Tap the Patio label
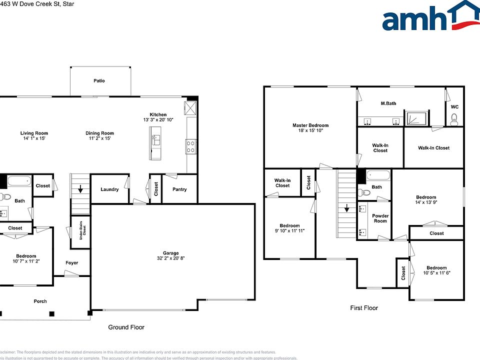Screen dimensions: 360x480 (99, 80)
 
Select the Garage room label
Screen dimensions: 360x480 (170, 253)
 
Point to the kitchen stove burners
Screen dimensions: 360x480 (191, 146)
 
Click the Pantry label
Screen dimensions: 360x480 (179, 189)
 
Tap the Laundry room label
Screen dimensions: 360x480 (109, 189)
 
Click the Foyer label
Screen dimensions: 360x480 (71, 263)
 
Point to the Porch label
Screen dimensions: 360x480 (40, 301)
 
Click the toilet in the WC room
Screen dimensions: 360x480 (454, 118)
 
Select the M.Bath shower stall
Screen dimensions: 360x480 (415, 118)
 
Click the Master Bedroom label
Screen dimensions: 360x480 (310, 125)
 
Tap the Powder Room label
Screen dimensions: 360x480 (380, 218)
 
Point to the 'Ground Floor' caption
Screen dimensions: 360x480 (126, 327)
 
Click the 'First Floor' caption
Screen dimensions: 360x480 (363, 308)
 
